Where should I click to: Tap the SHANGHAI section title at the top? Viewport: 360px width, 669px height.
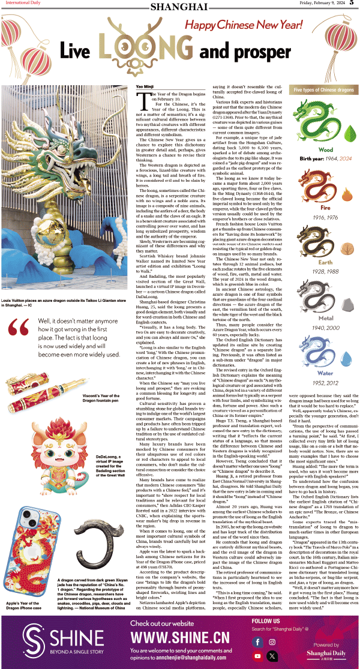coord(179,6)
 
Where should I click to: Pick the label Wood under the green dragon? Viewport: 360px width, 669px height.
coord(326,150)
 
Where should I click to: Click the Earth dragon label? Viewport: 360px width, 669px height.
coord(326,262)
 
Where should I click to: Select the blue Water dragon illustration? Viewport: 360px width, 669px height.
coord(318,357)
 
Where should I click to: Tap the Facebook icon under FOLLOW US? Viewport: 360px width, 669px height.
coord(257,642)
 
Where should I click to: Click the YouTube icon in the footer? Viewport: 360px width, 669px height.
coord(257,656)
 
